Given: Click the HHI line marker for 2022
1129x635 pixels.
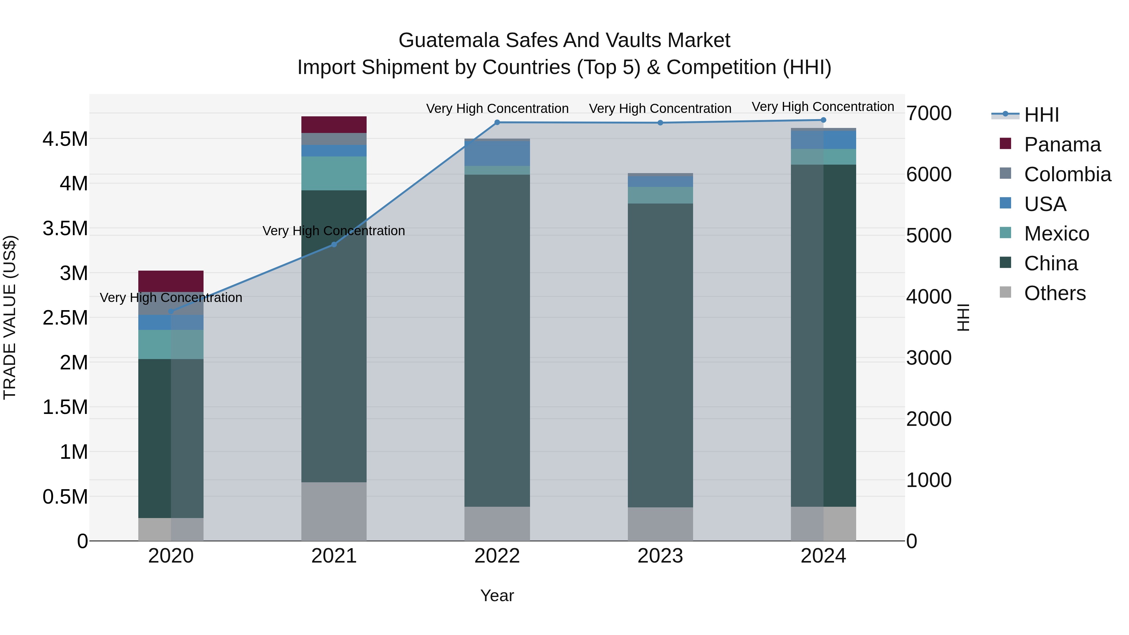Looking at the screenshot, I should tap(497, 122).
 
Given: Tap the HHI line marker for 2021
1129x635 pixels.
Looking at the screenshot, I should tap(334, 245).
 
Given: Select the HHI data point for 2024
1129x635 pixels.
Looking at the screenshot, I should tap(823, 120).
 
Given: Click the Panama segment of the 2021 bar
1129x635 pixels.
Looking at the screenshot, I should tap(334, 124).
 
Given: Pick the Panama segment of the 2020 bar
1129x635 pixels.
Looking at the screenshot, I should tap(171, 281).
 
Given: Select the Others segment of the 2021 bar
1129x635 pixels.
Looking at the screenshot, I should tap(334, 511).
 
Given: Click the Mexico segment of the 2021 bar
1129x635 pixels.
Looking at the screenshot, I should tap(334, 173).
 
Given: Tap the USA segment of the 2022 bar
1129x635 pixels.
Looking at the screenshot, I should tap(497, 153).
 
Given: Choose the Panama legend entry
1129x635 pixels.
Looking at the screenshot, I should tap(1062, 145).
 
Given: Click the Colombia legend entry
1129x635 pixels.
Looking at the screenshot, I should tap(1067, 174).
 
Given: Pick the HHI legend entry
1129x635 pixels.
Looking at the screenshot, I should tap(1041, 115).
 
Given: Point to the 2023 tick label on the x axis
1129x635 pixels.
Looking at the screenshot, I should tap(660, 556).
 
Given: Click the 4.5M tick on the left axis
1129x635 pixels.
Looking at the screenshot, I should tap(65, 139).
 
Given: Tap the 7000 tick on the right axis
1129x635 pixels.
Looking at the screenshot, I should tap(929, 113).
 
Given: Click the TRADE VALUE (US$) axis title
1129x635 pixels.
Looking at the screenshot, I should tap(10, 317).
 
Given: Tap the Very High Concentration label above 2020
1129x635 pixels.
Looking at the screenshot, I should tap(171, 298).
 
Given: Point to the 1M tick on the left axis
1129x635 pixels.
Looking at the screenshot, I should tap(74, 452).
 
